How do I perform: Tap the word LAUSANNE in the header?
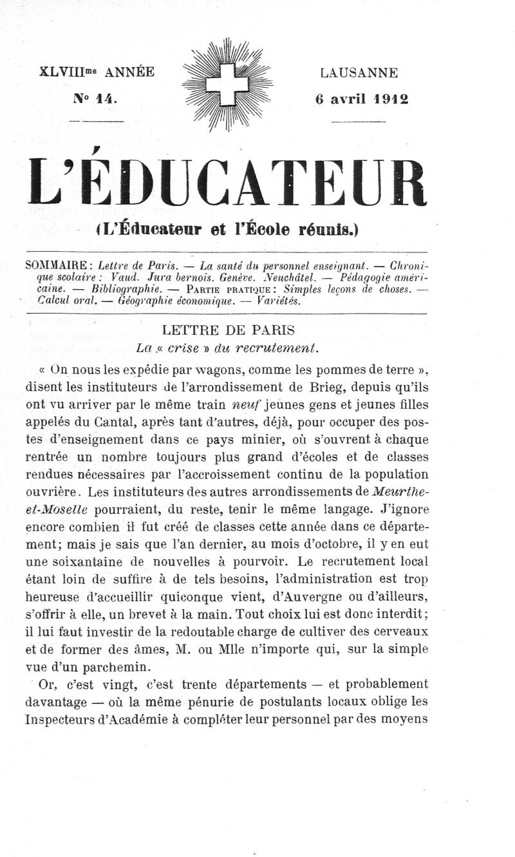(359, 73)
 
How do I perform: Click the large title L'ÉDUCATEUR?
(227, 184)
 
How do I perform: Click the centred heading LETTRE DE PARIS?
(229, 330)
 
